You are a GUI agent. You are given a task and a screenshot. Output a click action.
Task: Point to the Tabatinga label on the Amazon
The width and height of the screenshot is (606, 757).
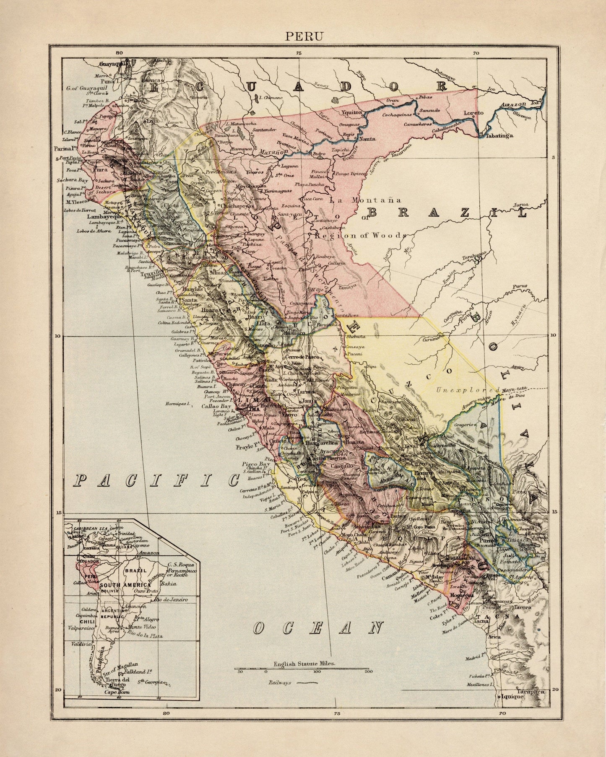coord(499,136)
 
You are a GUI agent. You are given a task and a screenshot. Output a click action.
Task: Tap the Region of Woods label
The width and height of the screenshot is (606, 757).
coord(359,235)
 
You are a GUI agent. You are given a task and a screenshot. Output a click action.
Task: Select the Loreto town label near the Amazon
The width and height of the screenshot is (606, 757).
coord(473,113)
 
